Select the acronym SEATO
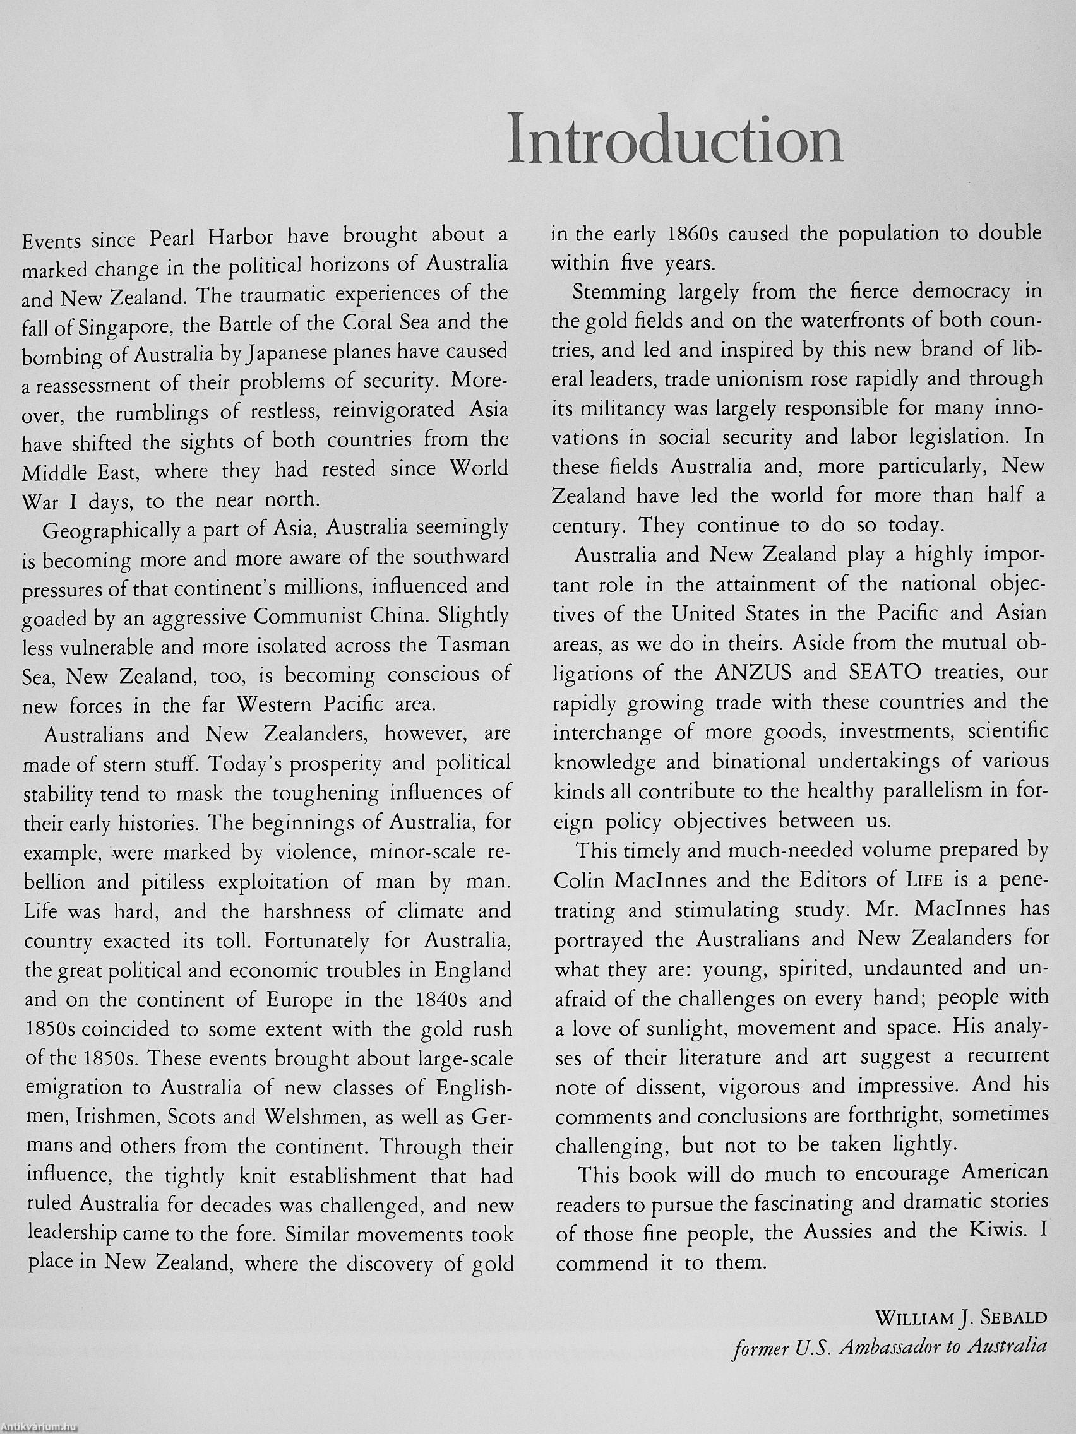pos(876,672)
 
